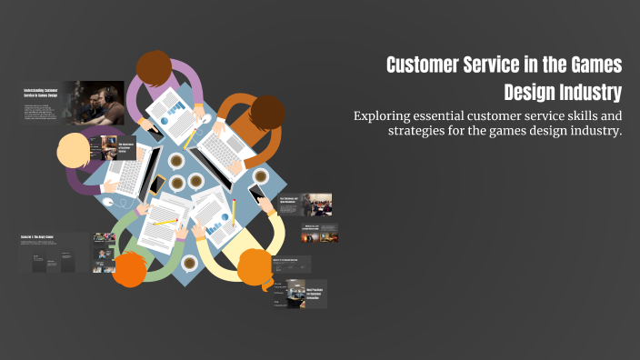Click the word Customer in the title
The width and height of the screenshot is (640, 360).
[x=427, y=65]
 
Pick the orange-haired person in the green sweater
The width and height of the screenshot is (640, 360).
[x=132, y=268]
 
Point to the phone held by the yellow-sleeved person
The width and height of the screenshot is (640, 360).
[x=257, y=194]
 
